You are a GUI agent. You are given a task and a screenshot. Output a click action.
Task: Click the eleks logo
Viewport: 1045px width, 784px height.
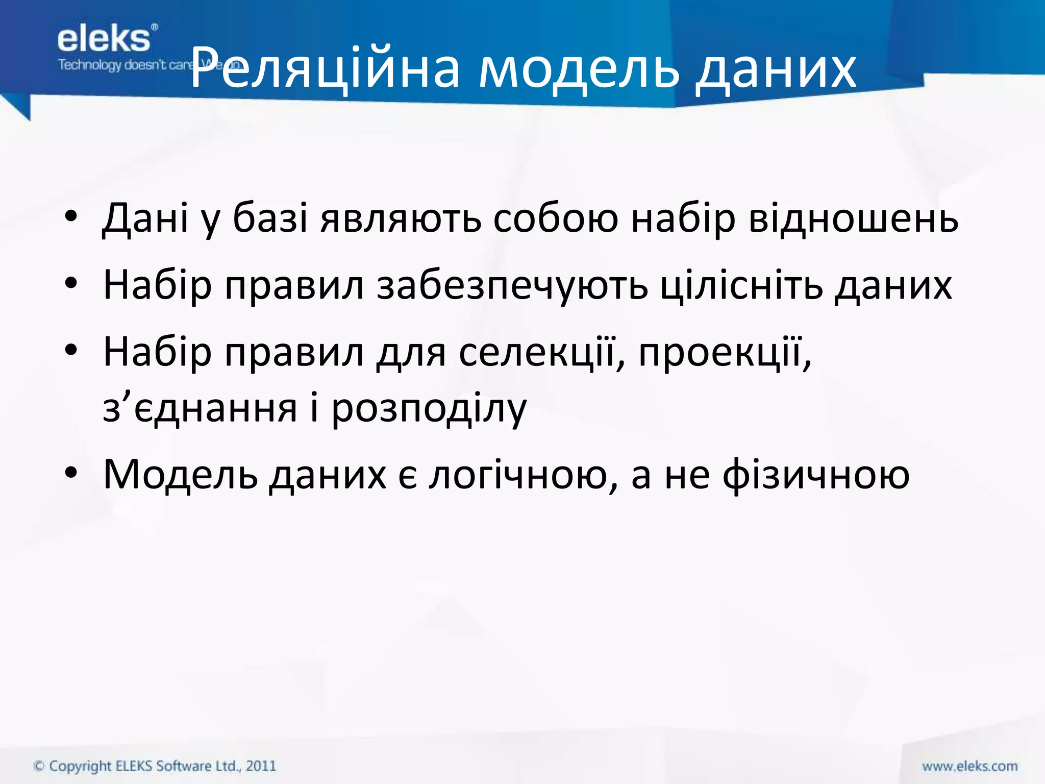pyautogui.click(x=105, y=40)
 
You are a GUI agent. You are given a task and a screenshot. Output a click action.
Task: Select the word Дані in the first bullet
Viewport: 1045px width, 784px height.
pyautogui.click(x=145, y=218)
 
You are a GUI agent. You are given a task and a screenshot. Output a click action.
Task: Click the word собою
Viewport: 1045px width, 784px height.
pyautogui.click(x=556, y=218)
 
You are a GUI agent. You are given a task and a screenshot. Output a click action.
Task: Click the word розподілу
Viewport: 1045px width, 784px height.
pyautogui.click(x=429, y=408)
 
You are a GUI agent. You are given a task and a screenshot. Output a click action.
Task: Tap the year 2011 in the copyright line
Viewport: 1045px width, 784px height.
pyautogui.click(x=261, y=766)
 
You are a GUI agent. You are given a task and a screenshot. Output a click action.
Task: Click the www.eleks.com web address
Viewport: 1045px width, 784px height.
pyautogui.click(x=969, y=766)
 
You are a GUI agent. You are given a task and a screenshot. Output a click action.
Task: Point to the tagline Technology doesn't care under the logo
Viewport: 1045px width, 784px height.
pyautogui.click(x=125, y=65)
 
